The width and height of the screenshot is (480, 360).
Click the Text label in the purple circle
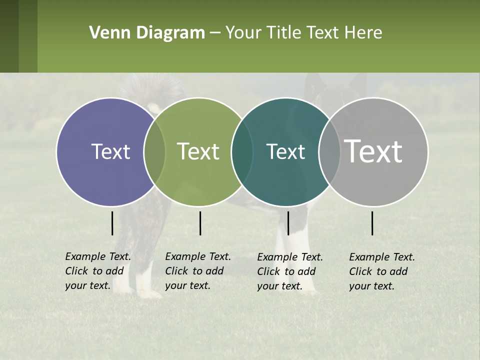pyautogui.click(x=110, y=152)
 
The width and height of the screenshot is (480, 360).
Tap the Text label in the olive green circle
pyautogui.click(x=198, y=152)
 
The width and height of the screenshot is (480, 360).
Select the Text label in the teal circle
pyautogui.click(x=285, y=152)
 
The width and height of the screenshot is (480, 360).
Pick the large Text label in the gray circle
pyautogui.click(x=373, y=152)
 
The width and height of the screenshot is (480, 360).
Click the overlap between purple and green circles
pyautogui.click(x=154, y=152)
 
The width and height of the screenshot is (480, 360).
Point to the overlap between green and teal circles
pyautogui.click(x=242, y=152)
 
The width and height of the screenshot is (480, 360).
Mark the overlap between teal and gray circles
pyautogui.click(x=329, y=152)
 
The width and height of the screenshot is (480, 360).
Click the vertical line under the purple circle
pyautogui.click(x=112, y=223)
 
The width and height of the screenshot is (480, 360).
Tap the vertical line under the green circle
pyautogui.click(x=200, y=223)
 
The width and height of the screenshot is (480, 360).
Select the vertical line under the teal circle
pyautogui.click(x=288, y=223)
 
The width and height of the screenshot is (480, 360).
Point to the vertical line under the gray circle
pyautogui.click(x=372, y=223)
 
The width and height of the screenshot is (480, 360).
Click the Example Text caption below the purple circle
pyautogui.click(x=98, y=271)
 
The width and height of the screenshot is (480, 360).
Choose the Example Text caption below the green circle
pyautogui.click(x=198, y=271)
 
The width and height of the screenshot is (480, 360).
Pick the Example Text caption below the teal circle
pyautogui.click(x=290, y=271)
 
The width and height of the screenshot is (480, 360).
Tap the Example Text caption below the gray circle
pyautogui.click(x=382, y=271)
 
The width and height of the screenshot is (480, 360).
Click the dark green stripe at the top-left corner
pyautogui.click(x=9, y=36)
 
